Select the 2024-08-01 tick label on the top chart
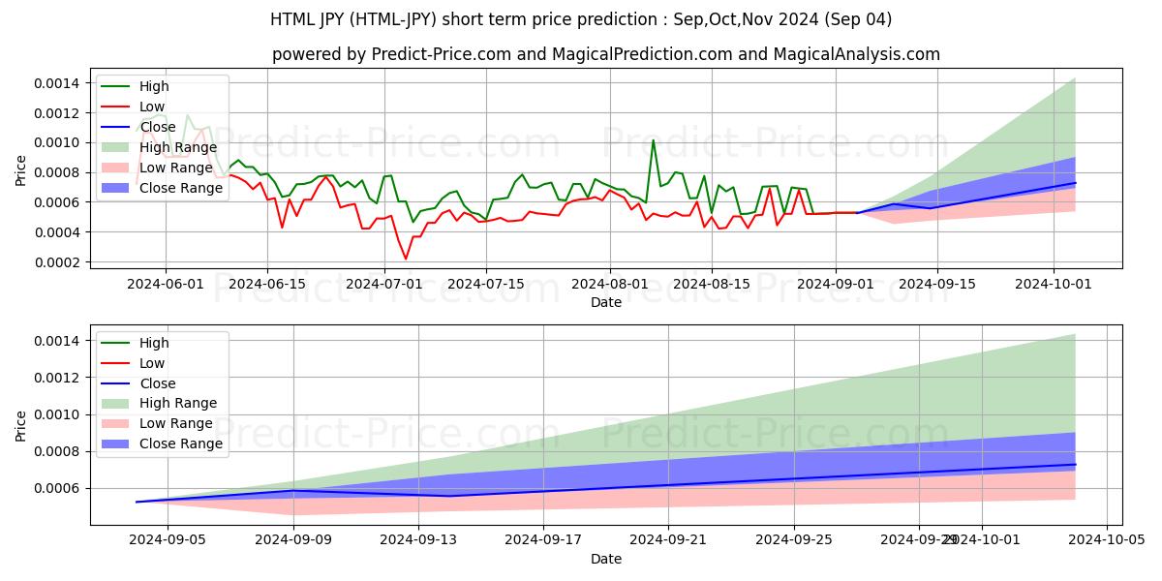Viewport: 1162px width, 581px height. point(608,284)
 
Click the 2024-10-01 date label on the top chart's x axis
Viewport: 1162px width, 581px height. point(1053,284)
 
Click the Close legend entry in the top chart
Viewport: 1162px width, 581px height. point(158,127)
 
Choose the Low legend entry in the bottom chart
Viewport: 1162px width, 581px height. point(152,363)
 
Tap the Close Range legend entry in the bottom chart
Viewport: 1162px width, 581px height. point(180,443)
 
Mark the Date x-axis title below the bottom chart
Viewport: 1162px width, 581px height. point(606,559)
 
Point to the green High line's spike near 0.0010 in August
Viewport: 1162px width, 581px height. point(653,140)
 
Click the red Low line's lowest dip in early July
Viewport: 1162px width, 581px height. point(406,259)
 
